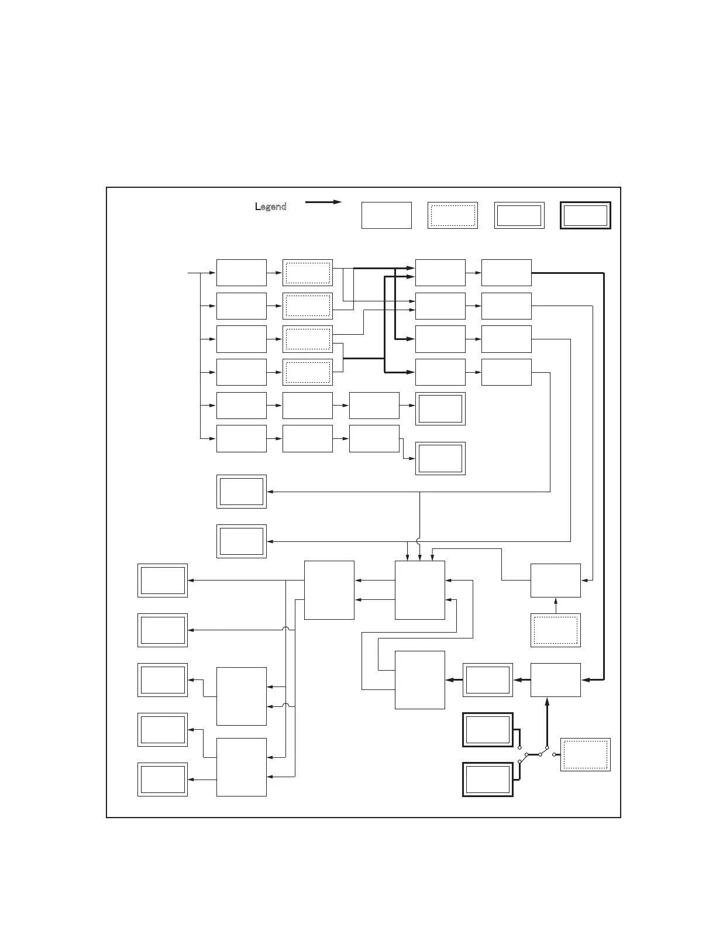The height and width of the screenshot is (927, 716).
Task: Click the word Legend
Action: pos(271,207)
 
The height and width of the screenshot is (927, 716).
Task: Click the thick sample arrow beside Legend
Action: pos(323,202)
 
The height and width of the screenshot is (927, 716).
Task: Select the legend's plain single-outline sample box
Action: pos(386,215)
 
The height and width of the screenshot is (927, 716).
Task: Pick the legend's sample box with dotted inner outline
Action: pos(452,215)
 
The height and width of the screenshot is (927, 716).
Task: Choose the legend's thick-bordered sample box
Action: pos(585,215)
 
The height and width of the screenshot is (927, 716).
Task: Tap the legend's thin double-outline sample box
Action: pos(519,215)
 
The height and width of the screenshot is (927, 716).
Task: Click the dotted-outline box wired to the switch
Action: pos(585,754)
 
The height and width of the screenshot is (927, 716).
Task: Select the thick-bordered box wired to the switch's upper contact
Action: pos(487,730)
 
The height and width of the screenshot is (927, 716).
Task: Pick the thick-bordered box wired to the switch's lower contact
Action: pos(487,779)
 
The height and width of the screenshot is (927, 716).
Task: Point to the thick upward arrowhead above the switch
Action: pos(547,702)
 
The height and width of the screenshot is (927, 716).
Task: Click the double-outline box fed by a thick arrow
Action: pos(487,680)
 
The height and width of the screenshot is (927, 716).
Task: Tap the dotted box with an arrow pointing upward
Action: pos(555,630)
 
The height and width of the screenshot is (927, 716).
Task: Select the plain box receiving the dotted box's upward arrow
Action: pos(555,581)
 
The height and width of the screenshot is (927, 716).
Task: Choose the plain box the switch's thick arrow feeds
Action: pos(555,680)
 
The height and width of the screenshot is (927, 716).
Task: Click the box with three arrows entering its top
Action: pos(419,590)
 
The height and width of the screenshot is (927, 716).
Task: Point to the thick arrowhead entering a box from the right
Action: pos(586,680)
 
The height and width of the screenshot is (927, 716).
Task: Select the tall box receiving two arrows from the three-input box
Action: pos(329,590)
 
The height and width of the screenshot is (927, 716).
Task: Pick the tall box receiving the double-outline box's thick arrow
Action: pos(419,680)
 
